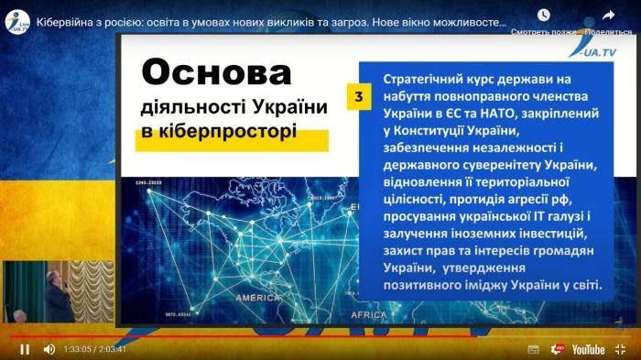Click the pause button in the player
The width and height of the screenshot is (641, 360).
pos(25,349)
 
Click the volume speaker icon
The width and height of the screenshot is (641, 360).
pos(49,349)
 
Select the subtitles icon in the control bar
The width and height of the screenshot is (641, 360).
pos(534,349)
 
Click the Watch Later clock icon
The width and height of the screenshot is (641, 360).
pos(544,16)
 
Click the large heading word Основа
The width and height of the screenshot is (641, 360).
pos(217,72)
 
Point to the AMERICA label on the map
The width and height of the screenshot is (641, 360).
pos(258,298)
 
